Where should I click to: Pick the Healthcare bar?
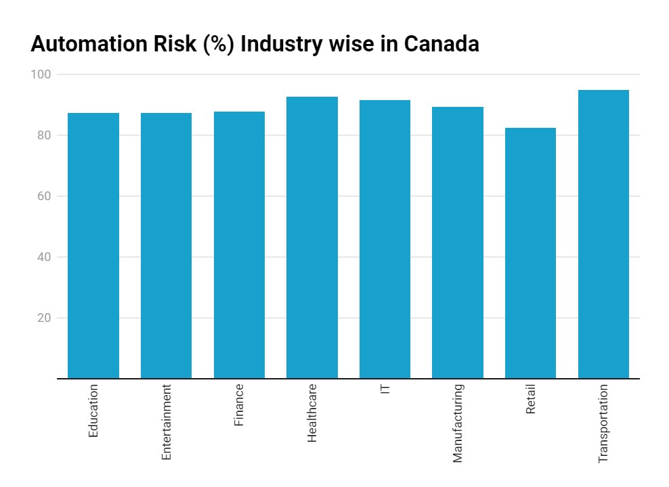coord(312,237)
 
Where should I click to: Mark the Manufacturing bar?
coord(458,243)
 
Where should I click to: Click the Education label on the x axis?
coord(93,411)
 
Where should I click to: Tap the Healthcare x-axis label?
coord(312,413)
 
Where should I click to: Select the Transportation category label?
coord(603,423)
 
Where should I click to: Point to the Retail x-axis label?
coord(530,400)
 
